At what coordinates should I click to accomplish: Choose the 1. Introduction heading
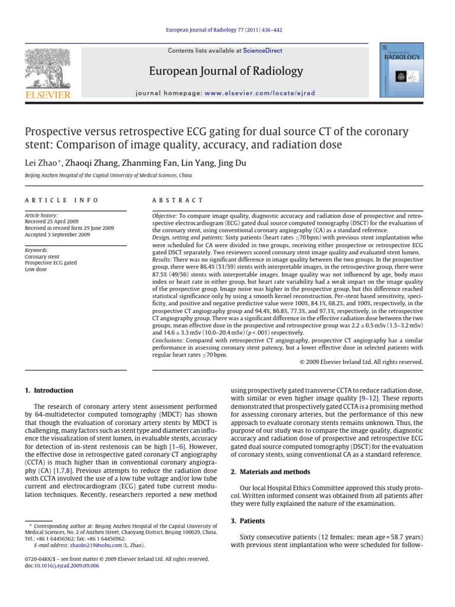(x=50, y=391)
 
